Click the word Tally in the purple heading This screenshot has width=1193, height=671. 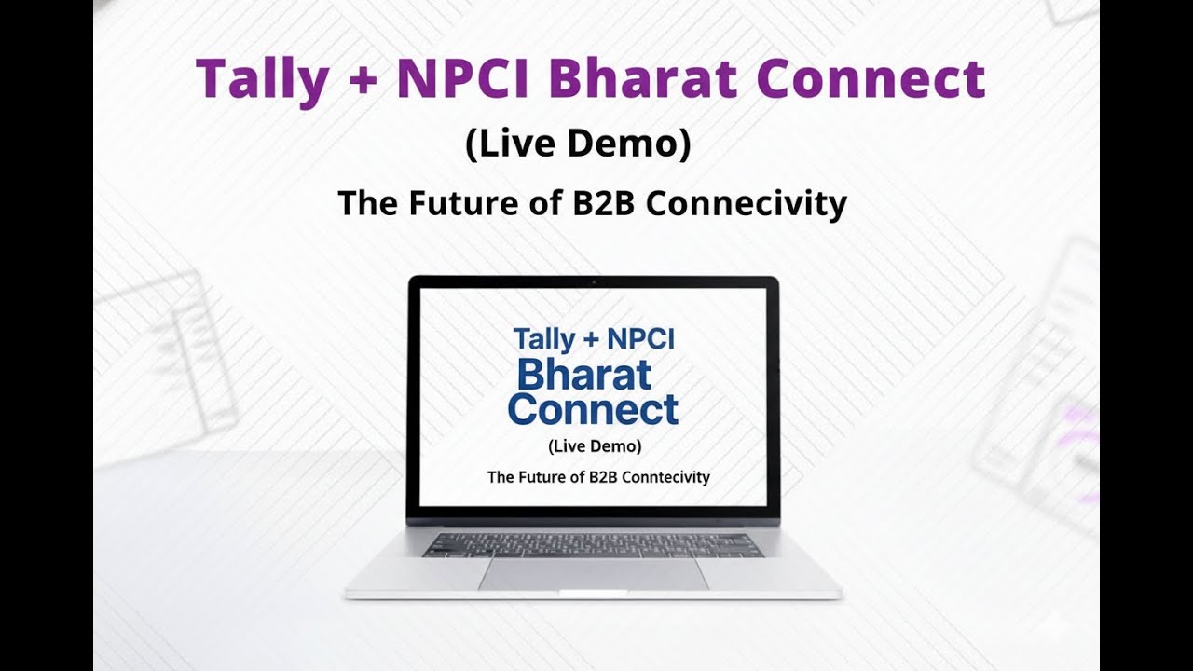pyautogui.click(x=262, y=79)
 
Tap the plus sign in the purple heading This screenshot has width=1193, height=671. pyautogui.click(x=363, y=80)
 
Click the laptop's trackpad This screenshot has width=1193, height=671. pyautogui.click(x=594, y=574)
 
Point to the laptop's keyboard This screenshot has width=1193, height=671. pyautogui.click(x=593, y=545)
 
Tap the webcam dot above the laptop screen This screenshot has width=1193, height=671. pyautogui.click(x=594, y=281)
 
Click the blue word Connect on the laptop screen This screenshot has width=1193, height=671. pyautogui.click(x=593, y=409)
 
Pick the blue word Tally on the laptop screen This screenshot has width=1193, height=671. pyautogui.click(x=544, y=339)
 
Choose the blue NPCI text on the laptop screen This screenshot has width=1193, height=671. pyautogui.click(x=640, y=339)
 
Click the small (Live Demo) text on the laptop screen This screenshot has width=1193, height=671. pyautogui.click(x=595, y=445)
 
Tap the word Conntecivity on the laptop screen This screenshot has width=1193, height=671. pyautogui.click(x=663, y=477)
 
